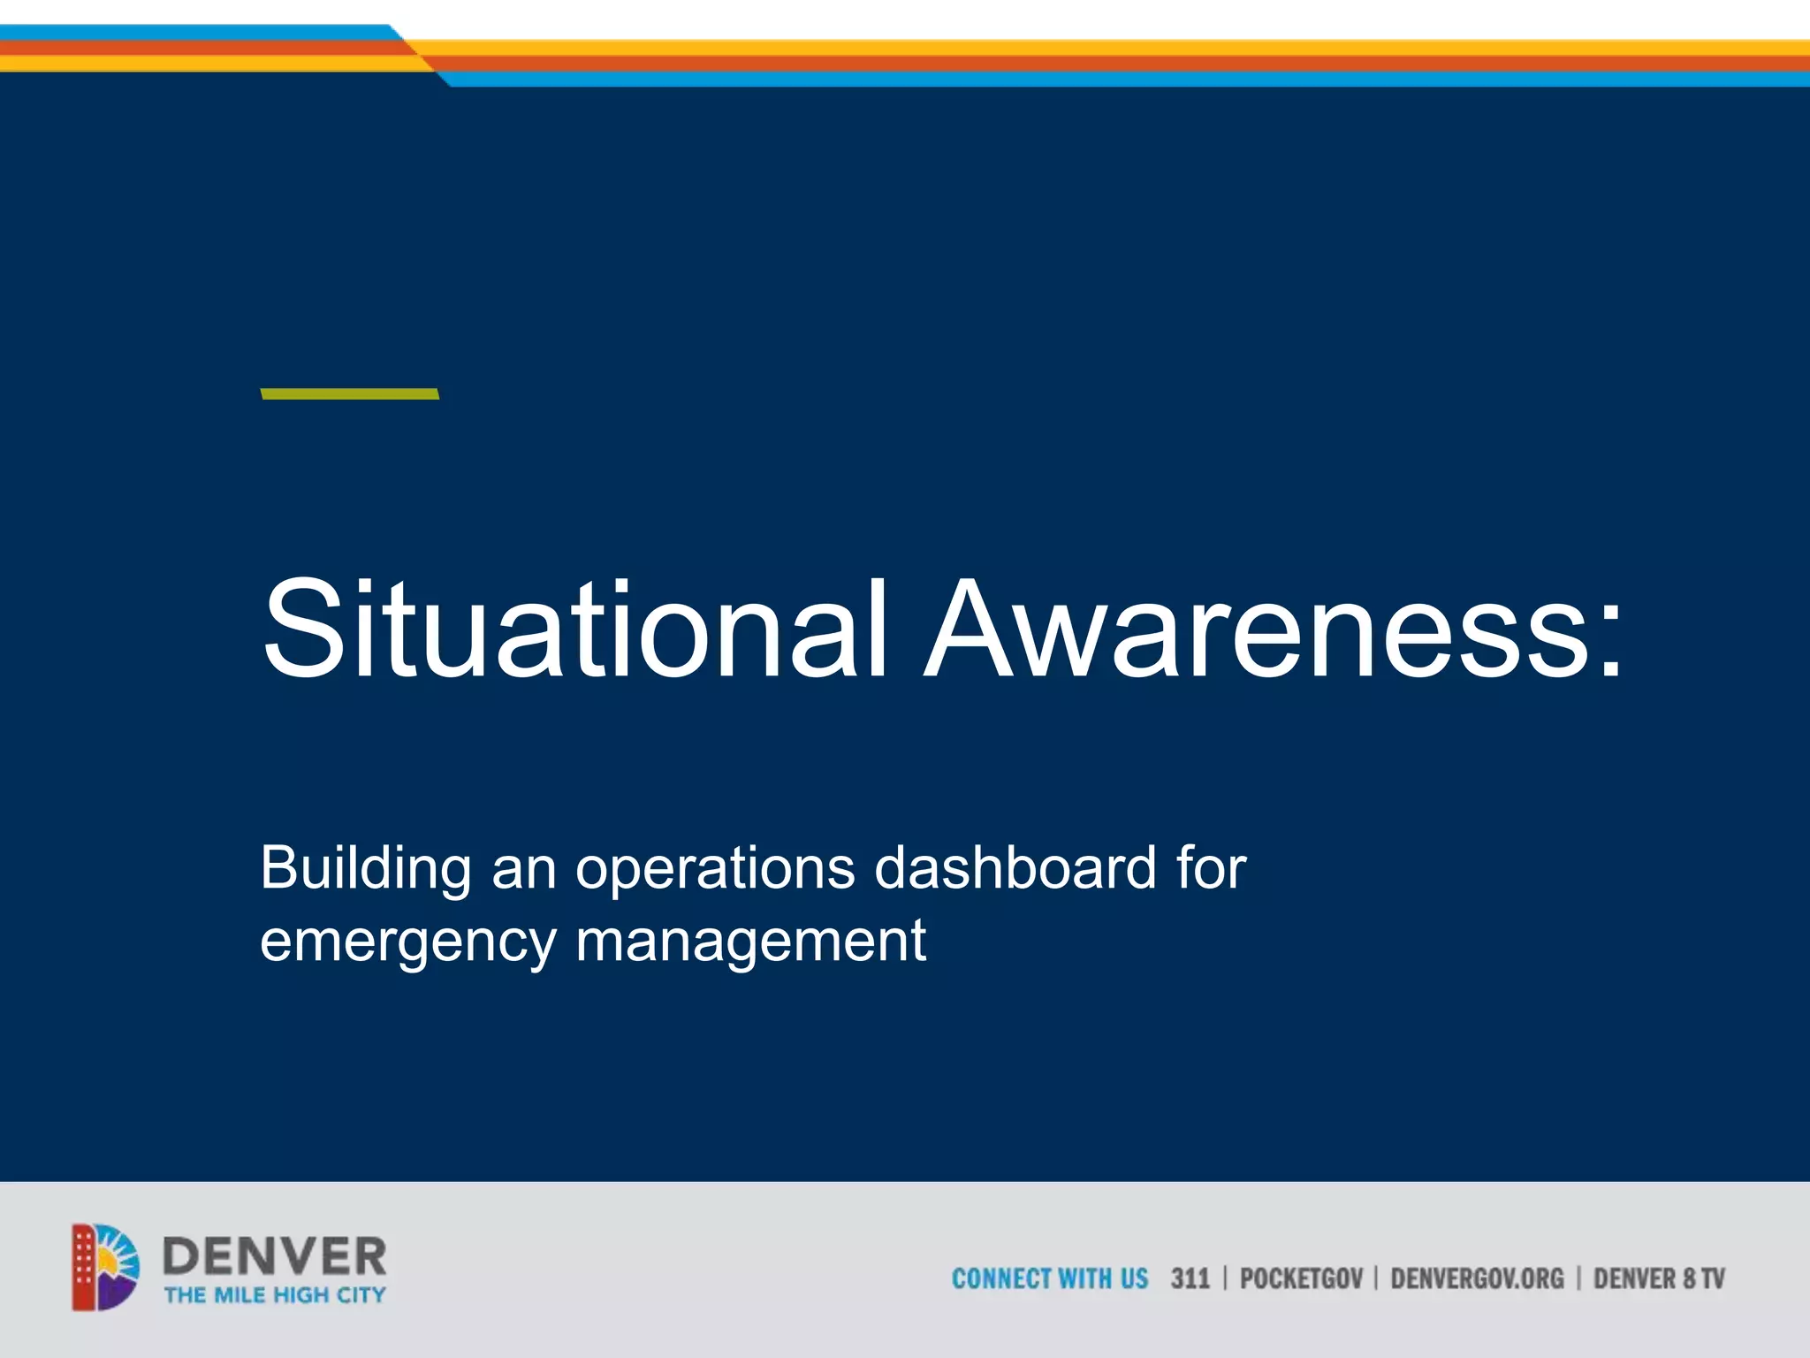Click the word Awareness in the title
[1255, 629]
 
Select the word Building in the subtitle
[366, 869]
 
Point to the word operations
[715, 869]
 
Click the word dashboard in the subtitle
[1015, 867]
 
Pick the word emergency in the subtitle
[407, 942]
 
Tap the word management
[750, 942]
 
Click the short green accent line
[350, 393]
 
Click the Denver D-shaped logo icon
[105, 1267]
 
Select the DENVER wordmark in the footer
[274, 1255]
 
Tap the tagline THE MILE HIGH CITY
[274, 1295]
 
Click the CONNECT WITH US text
[1049, 1278]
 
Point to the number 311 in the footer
[1190, 1278]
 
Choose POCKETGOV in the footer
[1301, 1278]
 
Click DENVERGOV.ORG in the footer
[1477, 1278]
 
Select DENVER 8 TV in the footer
[1659, 1278]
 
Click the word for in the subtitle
[1211, 867]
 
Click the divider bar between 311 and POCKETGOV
[1225, 1278]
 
